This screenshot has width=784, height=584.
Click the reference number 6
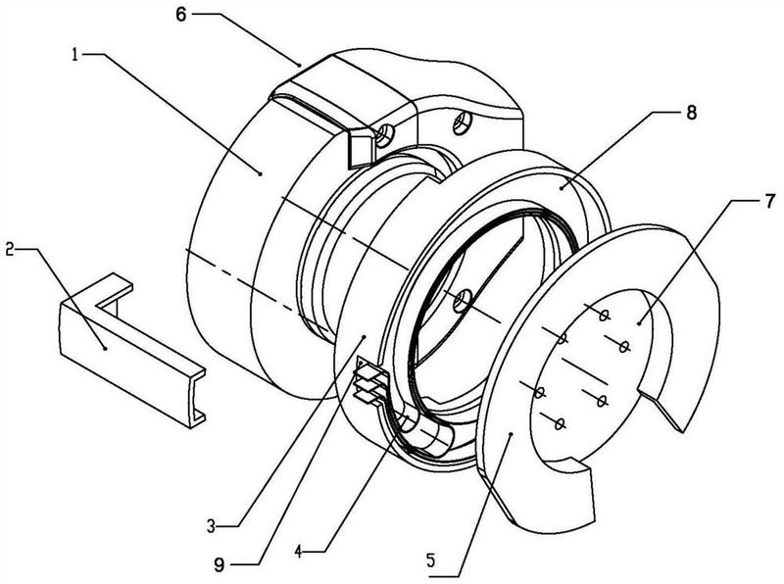pyautogui.click(x=180, y=15)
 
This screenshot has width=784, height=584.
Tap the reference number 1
pyautogui.click(x=75, y=54)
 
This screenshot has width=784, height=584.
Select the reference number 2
pyautogui.click(x=10, y=249)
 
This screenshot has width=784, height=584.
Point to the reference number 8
pyautogui.click(x=691, y=113)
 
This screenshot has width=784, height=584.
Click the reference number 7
pyautogui.click(x=771, y=201)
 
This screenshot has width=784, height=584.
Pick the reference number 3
pyautogui.click(x=212, y=525)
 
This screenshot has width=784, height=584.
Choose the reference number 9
pyautogui.click(x=219, y=565)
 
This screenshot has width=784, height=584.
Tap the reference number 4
pyautogui.click(x=299, y=552)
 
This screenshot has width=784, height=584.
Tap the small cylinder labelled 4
pyautogui.click(x=429, y=431)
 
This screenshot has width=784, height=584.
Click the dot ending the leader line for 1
pyautogui.click(x=260, y=173)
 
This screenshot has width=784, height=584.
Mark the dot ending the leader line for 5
pyautogui.click(x=510, y=435)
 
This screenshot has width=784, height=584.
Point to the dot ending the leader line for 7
pyautogui.click(x=640, y=323)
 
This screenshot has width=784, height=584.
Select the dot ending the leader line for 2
pyautogui.click(x=104, y=347)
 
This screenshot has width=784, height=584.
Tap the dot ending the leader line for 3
pyautogui.click(x=365, y=337)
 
